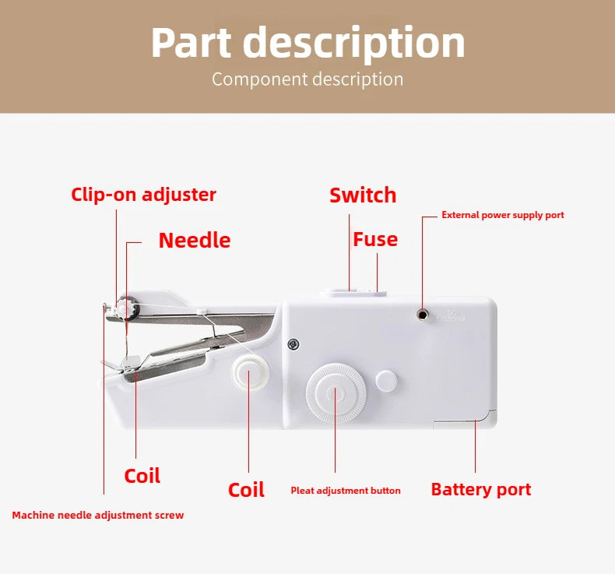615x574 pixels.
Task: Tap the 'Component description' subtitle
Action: [307, 79]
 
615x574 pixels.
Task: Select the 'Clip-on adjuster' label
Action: [144, 195]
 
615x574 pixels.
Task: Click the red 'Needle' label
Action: [195, 240]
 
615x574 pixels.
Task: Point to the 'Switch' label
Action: [363, 195]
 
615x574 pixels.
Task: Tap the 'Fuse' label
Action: [375, 239]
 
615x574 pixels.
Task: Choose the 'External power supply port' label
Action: [503, 215]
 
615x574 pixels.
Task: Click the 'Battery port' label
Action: [481, 490]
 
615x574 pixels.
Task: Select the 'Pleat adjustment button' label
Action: [346, 491]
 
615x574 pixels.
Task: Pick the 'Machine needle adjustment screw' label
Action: [98, 516]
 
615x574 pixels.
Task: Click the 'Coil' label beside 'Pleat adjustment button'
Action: [246, 490]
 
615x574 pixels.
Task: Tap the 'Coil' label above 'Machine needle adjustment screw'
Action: [142, 476]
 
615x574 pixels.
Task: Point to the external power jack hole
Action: [423, 313]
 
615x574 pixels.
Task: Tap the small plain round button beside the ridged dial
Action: [387, 381]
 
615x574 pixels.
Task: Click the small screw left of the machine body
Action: [293, 343]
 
